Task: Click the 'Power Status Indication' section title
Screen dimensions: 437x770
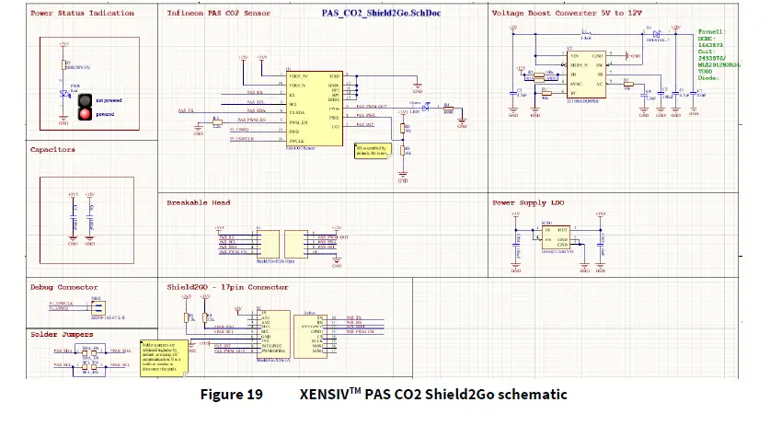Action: point(82,14)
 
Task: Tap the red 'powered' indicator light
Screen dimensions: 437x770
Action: point(86,114)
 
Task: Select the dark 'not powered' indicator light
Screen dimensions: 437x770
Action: point(86,99)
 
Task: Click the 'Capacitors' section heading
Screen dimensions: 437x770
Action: point(53,149)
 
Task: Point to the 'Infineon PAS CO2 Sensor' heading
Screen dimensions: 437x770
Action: point(218,14)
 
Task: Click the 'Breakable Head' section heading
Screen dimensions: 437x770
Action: point(199,201)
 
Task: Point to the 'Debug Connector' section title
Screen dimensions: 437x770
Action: point(63,287)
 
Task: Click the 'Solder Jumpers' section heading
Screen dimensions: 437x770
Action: point(60,334)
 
